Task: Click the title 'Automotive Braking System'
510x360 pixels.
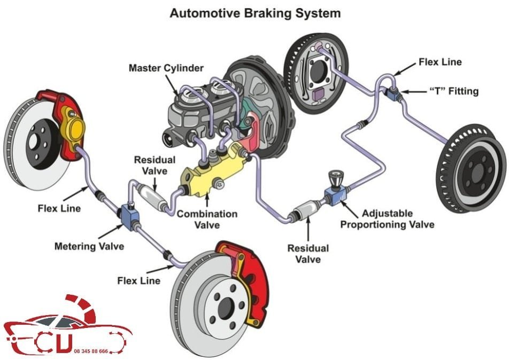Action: (x=254, y=13)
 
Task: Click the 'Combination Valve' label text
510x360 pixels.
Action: (x=207, y=219)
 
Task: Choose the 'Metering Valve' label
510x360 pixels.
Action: (x=89, y=246)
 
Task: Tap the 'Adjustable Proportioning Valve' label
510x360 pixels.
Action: (x=387, y=218)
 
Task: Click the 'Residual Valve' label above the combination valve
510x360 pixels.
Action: (x=154, y=165)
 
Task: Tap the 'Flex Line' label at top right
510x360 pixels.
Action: (x=440, y=62)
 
